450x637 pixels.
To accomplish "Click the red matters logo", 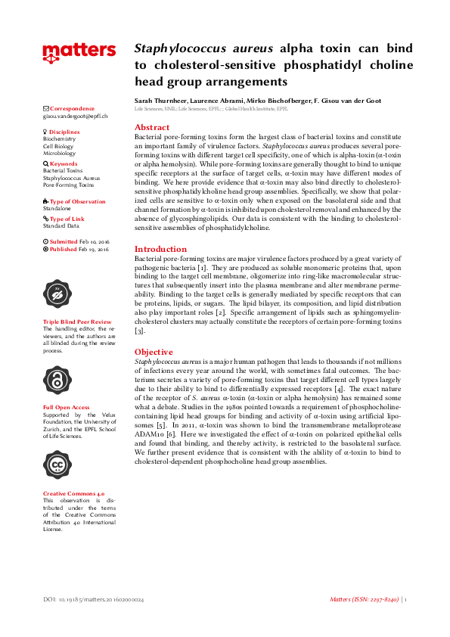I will (x=79, y=52).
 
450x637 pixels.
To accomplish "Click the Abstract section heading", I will (x=152, y=128).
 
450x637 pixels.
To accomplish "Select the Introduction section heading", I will (x=160, y=249).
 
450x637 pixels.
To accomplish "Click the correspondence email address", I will (x=75, y=117).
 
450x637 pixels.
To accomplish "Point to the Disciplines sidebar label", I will (x=64, y=132).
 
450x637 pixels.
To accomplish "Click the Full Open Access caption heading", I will (x=67, y=407).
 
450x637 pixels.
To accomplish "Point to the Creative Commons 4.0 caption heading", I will (x=74, y=493).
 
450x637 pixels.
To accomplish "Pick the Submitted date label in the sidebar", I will (x=67, y=241).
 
